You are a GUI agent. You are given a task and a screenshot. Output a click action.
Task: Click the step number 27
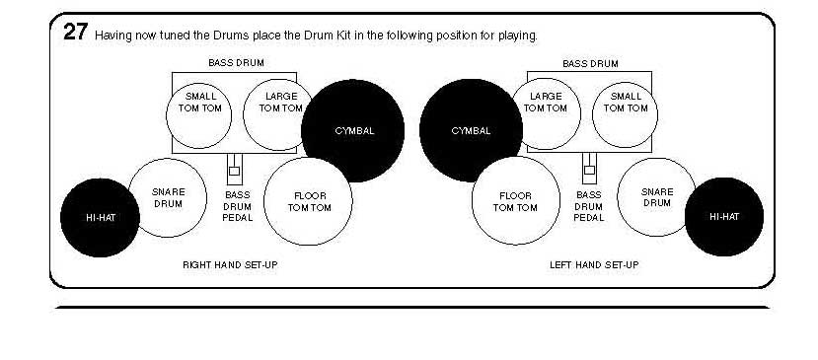coord(75,32)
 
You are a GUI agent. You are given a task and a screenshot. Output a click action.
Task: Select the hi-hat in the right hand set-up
coord(98,217)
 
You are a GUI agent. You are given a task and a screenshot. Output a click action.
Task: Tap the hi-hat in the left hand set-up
coord(724,217)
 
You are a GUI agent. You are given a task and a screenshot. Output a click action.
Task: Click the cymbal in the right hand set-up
coord(353,130)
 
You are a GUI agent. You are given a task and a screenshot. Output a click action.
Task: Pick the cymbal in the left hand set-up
coord(471,130)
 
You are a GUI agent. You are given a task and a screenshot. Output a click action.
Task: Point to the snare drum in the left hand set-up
coord(656,197)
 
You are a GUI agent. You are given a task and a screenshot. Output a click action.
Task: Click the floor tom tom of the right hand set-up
coord(309,201)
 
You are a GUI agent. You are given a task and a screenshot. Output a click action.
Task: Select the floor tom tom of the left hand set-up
coord(516,201)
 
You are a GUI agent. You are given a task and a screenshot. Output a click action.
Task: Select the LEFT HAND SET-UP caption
coord(594,264)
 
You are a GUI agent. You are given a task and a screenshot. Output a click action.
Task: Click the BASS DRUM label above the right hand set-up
coord(236,63)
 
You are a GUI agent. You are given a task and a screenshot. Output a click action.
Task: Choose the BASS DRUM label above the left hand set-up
coord(590,63)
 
